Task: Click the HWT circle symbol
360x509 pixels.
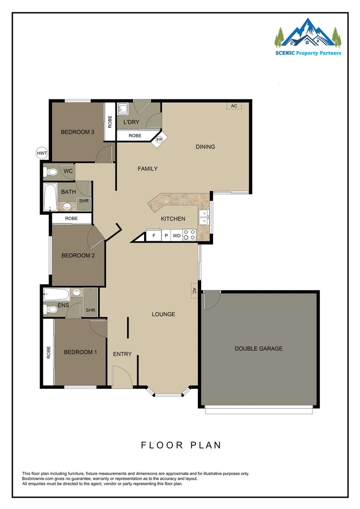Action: tap(42, 153)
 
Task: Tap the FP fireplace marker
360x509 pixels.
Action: tap(159, 140)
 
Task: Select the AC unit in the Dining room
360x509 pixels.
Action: tap(234, 106)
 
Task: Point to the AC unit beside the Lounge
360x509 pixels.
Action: tap(194, 291)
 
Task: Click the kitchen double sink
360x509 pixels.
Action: tap(204, 218)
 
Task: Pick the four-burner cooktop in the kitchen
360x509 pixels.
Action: tap(189, 235)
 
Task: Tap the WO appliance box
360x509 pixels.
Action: tap(177, 235)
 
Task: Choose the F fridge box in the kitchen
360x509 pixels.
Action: tap(154, 235)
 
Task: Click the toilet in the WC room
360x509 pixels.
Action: tap(50, 172)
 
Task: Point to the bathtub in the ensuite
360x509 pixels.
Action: tap(57, 296)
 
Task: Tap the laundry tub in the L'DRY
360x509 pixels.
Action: tap(123, 110)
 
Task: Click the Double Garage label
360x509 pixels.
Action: tap(259, 349)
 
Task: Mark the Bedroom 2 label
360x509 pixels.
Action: tap(78, 255)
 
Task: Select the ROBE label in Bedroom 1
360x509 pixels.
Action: tap(49, 353)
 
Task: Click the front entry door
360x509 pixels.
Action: tap(122, 378)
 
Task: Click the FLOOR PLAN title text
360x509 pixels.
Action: tap(181, 445)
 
